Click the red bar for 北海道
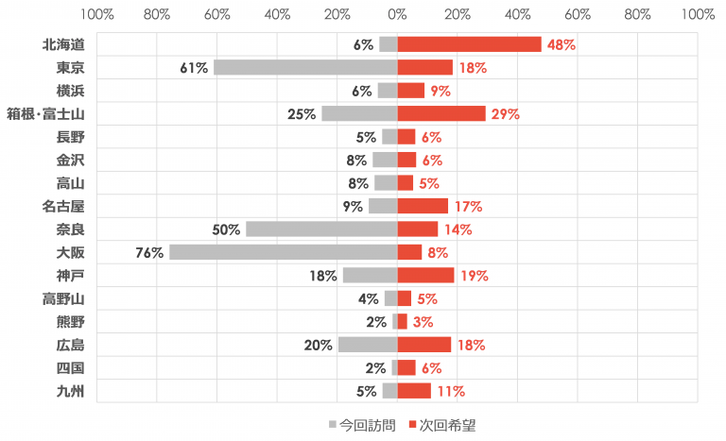pos(469,44)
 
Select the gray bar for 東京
pos(305,67)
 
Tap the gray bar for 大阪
pos(283,252)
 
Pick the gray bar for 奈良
pos(321,229)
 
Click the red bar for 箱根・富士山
pos(441,113)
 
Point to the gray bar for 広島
pos(367,345)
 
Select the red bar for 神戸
pos(425,275)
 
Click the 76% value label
pos(150,252)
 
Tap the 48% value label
pos(562,44)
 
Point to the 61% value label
pos(194,68)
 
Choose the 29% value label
pos(506,114)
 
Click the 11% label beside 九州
pos(450,391)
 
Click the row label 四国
pos(71,367)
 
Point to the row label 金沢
pos(71,160)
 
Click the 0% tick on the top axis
pos(397,15)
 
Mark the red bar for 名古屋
pos(423,206)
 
